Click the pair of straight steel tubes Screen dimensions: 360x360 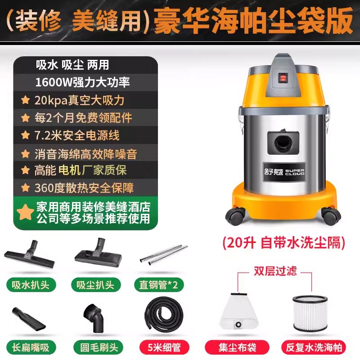(163, 254)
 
